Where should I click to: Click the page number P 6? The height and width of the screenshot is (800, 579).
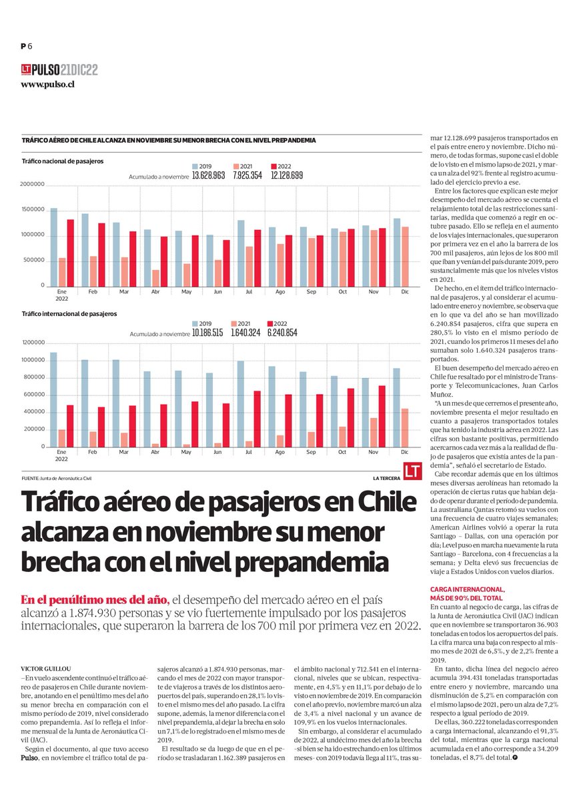[x=26, y=45]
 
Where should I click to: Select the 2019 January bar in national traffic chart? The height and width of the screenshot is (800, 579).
[x=54, y=247]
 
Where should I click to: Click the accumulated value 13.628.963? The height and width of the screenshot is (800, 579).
[x=208, y=175]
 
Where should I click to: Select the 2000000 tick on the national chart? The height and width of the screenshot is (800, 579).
[x=33, y=185]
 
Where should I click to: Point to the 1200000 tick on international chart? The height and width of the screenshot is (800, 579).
[x=33, y=343]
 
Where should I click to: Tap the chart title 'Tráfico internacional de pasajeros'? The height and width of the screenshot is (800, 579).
[x=70, y=313]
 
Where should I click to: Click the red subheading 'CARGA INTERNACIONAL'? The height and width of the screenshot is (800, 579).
[x=468, y=589]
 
